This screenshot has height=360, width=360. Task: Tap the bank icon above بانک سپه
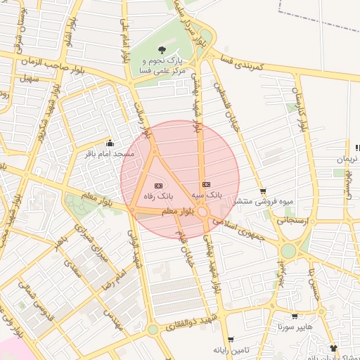coord(205,184)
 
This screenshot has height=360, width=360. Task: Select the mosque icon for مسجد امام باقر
coord(109,143)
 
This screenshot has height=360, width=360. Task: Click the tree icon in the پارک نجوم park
coord(162,50)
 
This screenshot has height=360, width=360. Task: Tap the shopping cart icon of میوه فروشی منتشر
coord(263,191)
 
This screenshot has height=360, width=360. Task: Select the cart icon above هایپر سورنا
coord(294,316)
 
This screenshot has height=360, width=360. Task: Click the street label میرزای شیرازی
coord(90,243)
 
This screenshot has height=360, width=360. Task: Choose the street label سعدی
coord(72,267)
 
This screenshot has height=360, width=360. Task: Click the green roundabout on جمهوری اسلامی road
coord(288,251)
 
